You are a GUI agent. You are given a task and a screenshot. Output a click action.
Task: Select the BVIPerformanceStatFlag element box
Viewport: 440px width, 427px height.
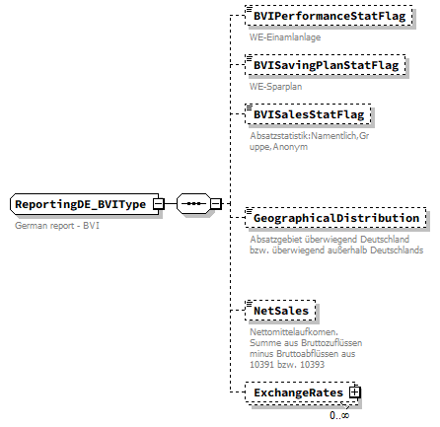(x=330, y=17)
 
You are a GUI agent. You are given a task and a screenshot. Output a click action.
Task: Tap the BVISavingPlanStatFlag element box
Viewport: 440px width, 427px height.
(x=325, y=65)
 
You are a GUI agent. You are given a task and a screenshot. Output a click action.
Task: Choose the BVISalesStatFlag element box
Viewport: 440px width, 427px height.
(x=307, y=114)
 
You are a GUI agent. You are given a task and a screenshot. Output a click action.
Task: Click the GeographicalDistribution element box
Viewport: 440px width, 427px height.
(x=334, y=217)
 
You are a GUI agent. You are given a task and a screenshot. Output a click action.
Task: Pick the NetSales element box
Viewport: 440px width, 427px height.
(x=280, y=311)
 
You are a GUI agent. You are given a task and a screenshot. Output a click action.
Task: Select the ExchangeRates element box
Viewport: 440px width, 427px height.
(x=298, y=392)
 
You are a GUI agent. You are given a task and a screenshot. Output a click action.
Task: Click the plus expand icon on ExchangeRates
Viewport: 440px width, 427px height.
(x=355, y=392)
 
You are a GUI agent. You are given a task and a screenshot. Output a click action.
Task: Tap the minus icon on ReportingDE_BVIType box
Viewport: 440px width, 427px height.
(x=157, y=204)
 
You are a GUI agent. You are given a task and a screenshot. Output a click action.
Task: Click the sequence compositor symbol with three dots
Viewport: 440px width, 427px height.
(x=193, y=204)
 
